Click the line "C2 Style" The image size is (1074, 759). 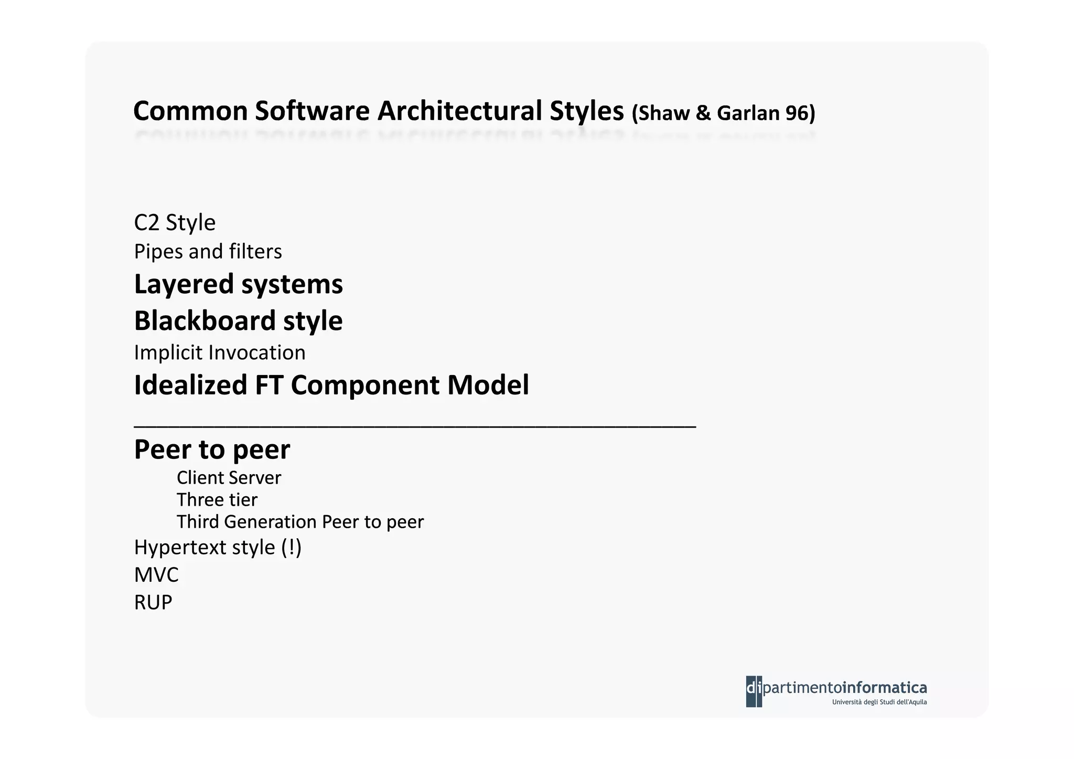point(175,222)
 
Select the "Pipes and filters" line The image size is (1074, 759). point(208,251)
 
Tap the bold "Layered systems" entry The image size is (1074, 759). point(238,284)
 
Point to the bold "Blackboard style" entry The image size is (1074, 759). point(238,320)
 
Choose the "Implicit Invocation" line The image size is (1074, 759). point(219,352)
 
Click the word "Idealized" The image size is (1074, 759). point(190,385)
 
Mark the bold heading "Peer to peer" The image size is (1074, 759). point(212,449)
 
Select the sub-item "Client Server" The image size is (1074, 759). point(229,478)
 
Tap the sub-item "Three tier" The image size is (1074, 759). point(217,500)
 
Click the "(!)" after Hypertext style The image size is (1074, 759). point(291,548)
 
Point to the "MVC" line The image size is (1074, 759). point(156,575)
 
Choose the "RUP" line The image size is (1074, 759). point(153,603)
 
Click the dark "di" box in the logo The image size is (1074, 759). point(754,691)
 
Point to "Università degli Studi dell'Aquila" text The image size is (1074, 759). point(879,702)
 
